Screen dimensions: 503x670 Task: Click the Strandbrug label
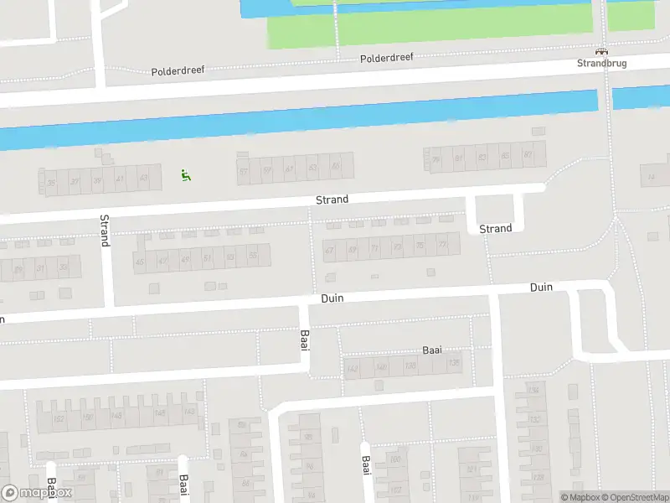(601, 63)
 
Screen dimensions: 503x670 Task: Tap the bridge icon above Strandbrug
(601, 51)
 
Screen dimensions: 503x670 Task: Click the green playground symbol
(186, 175)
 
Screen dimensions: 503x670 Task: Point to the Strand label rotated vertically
(105, 230)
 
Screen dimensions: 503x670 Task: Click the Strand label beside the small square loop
(495, 229)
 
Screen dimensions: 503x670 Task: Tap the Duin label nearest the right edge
(541, 288)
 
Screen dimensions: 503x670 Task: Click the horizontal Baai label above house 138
(431, 350)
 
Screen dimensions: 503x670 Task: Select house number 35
(52, 182)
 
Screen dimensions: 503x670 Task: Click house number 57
(244, 171)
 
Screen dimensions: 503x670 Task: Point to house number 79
(435, 159)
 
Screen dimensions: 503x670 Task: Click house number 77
(442, 245)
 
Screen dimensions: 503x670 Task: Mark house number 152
(58, 417)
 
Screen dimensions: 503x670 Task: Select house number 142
(353, 368)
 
